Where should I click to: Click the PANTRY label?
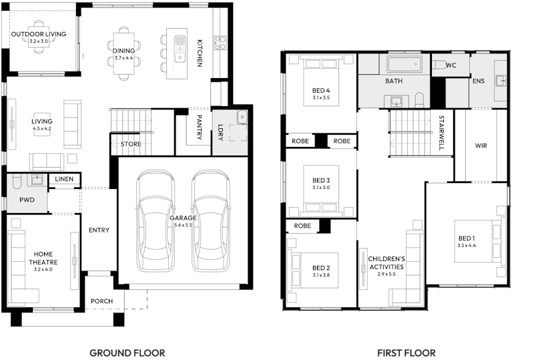pos(199,128)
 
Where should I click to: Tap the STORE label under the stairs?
pos(130,144)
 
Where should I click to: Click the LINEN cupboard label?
pos(65,179)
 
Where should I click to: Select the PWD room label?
pos(27,200)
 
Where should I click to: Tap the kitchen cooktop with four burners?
pos(221,43)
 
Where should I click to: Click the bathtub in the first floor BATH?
pos(404,64)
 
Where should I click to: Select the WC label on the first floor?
pos(451,65)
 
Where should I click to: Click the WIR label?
pos(481,145)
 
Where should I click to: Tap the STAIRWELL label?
pos(441,132)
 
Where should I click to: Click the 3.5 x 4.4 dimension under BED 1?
pos(467,246)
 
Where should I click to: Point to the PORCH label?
pos(101,301)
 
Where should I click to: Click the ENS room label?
pos(478,81)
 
